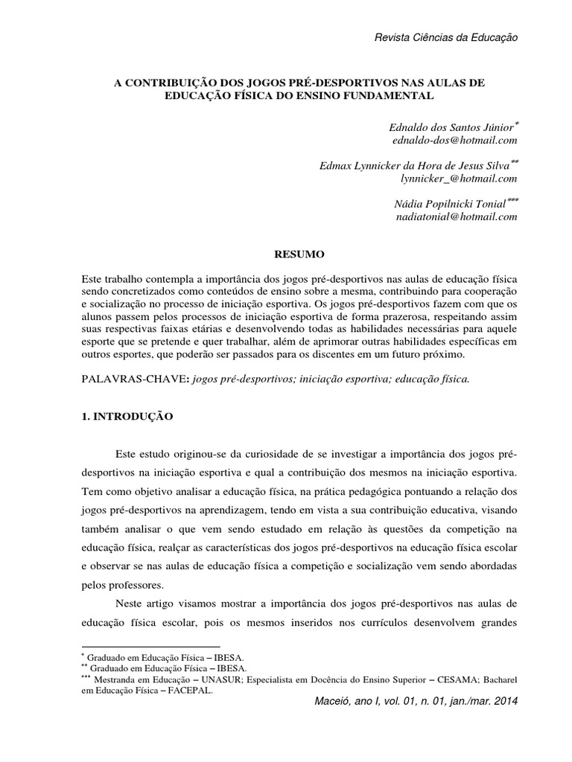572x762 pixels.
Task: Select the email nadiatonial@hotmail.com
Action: click(455, 217)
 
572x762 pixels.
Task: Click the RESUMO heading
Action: click(298, 254)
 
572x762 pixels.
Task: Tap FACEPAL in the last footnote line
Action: click(192, 690)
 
